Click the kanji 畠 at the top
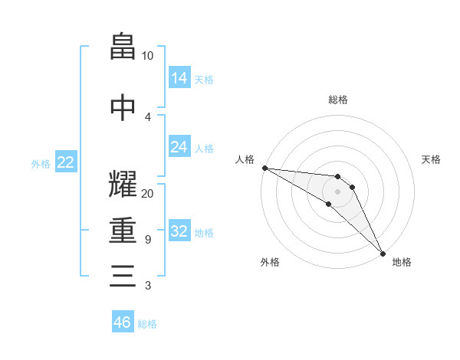pyautogui.click(x=123, y=47)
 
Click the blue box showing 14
pyautogui.click(x=179, y=78)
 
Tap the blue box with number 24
pyautogui.click(x=179, y=147)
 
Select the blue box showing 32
pyautogui.click(x=179, y=231)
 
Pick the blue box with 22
pyautogui.click(x=66, y=162)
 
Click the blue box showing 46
pyautogui.click(x=123, y=322)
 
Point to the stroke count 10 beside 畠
pyautogui.click(x=147, y=56)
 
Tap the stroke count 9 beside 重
pyautogui.click(x=147, y=240)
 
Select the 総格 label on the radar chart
pyautogui.click(x=338, y=100)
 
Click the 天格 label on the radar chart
pyautogui.click(x=431, y=159)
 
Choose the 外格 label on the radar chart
pyautogui.click(x=270, y=262)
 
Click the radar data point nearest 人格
pyautogui.click(x=264, y=168)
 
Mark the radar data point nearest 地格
pyautogui.click(x=383, y=253)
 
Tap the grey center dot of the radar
pyautogui.click(x=337, y=191)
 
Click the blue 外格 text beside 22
pyautogui.click(x=40, y=163)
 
